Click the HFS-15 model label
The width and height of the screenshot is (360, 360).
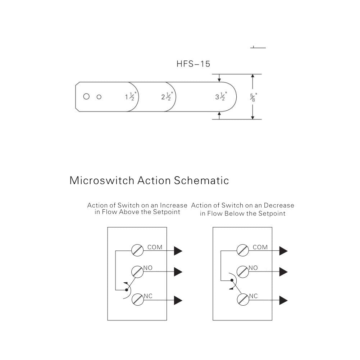193,64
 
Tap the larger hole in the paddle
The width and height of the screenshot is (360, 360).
86,96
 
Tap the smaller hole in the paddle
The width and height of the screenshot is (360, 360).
99,97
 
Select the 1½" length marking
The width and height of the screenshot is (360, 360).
131,96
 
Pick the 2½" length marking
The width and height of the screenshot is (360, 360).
167,96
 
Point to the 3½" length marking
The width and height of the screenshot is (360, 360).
221,96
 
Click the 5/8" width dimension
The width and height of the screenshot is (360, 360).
254,97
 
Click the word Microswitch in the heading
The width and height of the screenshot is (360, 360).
102,180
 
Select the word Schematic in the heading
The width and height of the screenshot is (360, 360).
201,180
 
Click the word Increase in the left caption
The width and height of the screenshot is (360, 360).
174,205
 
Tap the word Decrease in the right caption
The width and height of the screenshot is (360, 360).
279,205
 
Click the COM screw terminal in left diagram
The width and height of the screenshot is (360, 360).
137,250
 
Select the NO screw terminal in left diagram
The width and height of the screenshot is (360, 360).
137,272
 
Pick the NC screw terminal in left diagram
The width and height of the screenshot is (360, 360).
138,299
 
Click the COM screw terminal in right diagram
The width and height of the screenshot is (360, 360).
243,250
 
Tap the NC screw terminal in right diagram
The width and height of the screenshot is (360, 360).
243,299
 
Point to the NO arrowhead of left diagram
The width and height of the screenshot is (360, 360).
178,272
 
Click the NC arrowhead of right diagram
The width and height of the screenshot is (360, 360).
283,300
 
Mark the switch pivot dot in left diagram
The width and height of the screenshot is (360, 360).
127,290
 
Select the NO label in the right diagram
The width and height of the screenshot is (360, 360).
253,268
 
